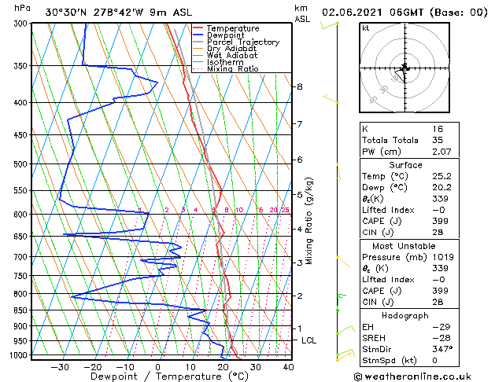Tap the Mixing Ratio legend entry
pyautogui.click(x=232, y=69)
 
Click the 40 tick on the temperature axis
pyautogui.click(x=288, y=366)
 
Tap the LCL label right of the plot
pyautogui.click(x=308, y=340)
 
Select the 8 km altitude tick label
pyautogui.click(x=299, y=86)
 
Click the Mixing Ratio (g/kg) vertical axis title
pyautogui.click(x=309, y=221)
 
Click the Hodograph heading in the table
pyautogui.click(x=405, y=315)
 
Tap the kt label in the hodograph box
pyautogui.click(x=366, y=28)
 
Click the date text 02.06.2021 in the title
pyautogui.click(x=353, y=12)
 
